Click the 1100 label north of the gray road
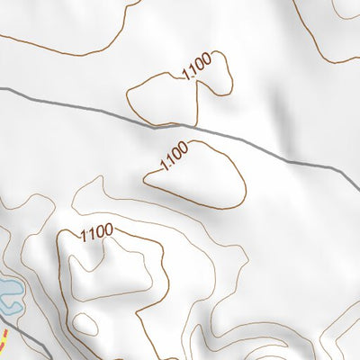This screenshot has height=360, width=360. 196,67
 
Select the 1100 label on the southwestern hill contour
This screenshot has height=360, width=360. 95,232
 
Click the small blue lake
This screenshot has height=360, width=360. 7,292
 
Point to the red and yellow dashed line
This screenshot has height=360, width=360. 3,345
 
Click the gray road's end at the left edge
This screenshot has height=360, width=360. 2,89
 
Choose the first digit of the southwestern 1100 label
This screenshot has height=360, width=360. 83,237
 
